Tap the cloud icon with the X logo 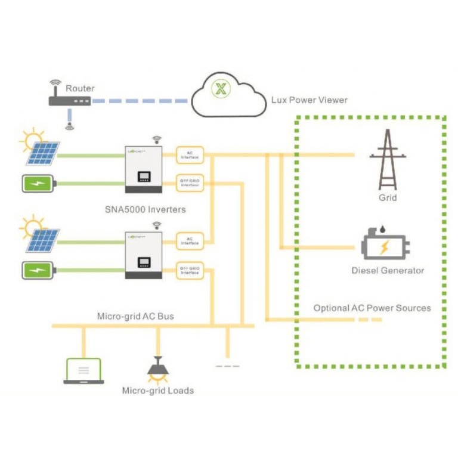pos(227,92)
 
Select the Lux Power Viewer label pos(310,100)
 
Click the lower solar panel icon pos(42,240)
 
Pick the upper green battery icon pos(39,183)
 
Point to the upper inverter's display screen pos(144,177)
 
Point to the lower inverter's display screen pos(144,262)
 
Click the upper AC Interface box pos(190,155)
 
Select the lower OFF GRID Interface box pos(190,270)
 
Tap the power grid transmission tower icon pos(387,159)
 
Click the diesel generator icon pos(386,244)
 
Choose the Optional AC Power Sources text pos(372,308)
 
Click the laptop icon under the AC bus pos(83,371)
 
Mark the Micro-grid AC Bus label pos(135,315)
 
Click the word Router pos(80,88)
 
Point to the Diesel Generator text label pos(388,270)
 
